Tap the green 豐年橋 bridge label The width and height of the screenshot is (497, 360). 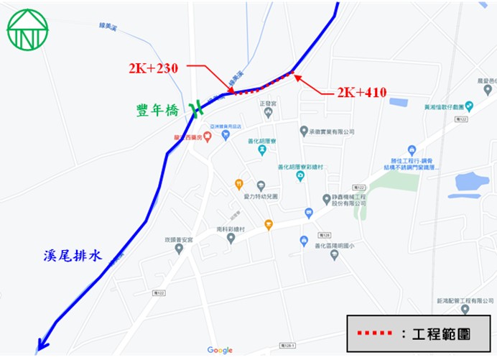coord(157,110)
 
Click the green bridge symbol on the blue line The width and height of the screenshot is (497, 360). coord(195,111)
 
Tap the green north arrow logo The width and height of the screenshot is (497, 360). coord(27,29)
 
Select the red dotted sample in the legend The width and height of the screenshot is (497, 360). coord(376,334)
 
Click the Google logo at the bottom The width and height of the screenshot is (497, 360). coord(220,351)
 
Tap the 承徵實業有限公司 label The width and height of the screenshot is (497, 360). coord(331,132)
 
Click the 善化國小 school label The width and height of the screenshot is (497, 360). coord(328,251)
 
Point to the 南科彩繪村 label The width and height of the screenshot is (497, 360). coord(231,229)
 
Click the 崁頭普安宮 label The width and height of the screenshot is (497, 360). coord(179,239)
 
